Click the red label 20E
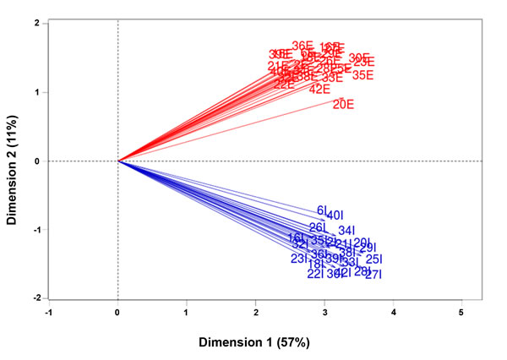[343, 105]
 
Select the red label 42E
[319, 90]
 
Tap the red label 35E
[363, 76]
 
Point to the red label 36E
[303, 46]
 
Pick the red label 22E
[284, 85]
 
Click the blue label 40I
[335, 215]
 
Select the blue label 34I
[346, 231]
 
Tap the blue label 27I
[373, 275]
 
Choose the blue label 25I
[374, 259]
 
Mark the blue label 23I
[299, 259]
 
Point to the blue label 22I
[315, 274]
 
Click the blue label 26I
[318, 228]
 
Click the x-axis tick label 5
[461, 313]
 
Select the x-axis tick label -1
[48, 313]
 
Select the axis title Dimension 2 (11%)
[13, 161]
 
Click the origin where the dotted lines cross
[117, 161]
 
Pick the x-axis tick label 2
[255, 313]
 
